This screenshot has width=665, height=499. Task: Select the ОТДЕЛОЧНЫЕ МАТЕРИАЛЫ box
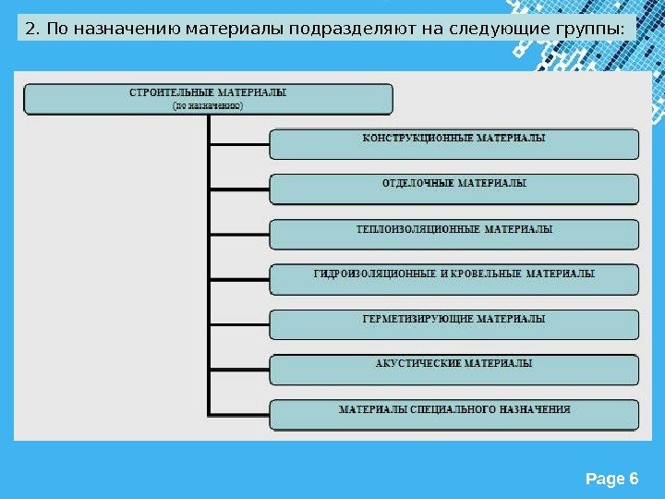point(453,189)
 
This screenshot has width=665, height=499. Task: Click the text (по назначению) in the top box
point(208,106)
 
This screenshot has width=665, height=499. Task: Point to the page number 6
point(633,479)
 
